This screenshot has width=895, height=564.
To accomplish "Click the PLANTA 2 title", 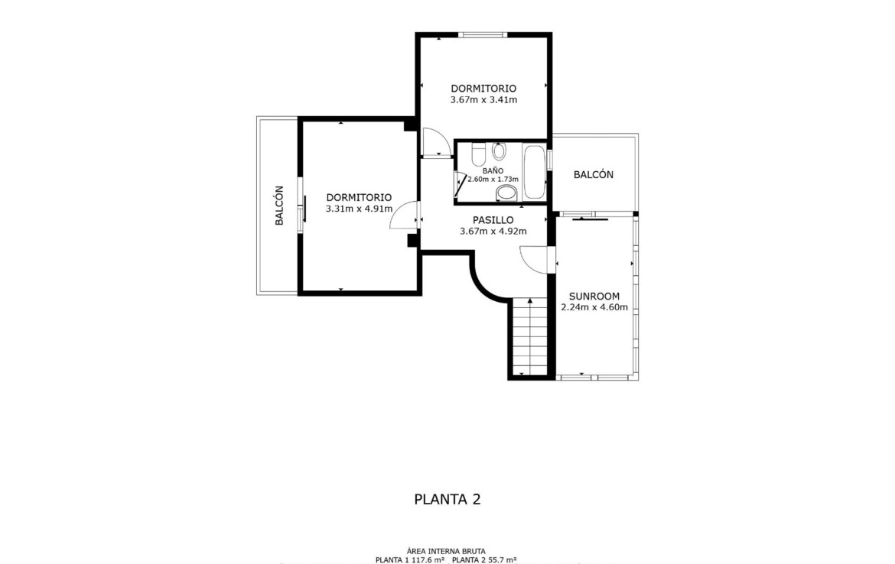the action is [447, 500].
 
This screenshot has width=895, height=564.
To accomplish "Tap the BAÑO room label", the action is [493, 170].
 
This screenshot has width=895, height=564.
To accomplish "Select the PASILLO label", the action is [493, 220].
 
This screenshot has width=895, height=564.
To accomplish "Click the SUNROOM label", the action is [594, 297].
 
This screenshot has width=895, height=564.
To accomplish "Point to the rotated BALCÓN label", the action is [279, 206].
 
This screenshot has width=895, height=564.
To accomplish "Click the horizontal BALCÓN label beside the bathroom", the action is [594, 174].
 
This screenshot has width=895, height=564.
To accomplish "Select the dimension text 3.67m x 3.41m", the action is [483, 100].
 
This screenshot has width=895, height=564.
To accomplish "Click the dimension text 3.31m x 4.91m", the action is [359, 209].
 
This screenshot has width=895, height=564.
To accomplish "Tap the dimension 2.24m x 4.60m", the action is [594, 307].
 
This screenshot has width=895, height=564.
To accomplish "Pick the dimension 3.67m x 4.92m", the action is [493, 232].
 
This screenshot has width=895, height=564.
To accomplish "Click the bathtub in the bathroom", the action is [535, 172].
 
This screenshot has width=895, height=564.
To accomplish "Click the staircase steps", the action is [531, 337].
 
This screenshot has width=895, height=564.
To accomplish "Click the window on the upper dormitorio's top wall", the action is [483, 35].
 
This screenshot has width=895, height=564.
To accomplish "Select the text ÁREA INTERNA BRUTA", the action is [447, 552].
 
